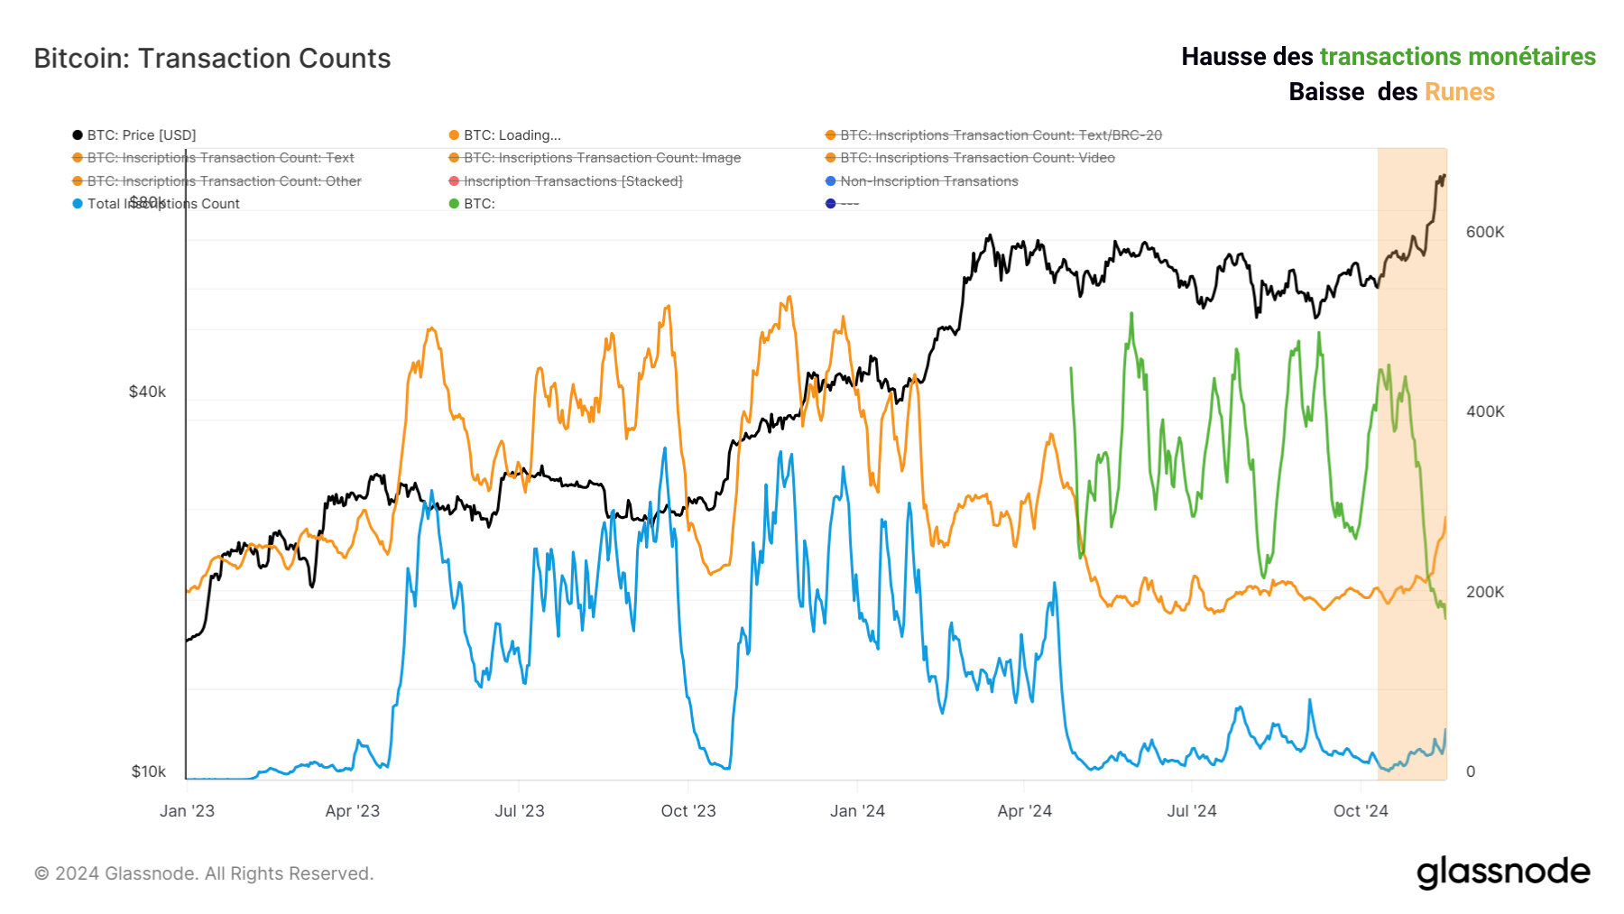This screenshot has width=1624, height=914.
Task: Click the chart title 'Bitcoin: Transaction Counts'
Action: point(212,59)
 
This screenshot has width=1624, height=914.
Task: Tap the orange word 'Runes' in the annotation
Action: point(1459,92)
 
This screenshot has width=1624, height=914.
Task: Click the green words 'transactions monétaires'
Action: point(1457,57)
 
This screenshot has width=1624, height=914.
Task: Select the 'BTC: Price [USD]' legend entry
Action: point(141,135)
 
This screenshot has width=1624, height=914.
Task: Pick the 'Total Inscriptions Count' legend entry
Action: point(162,204)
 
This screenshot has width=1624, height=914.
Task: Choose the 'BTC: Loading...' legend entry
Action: point(512,135)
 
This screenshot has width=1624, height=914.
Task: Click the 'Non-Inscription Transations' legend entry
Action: point(928,181)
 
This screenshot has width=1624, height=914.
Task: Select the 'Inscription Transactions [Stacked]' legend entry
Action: point(572,181)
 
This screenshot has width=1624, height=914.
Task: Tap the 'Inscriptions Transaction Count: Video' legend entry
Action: point(977,158)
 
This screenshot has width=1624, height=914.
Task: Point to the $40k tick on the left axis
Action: point(147,392)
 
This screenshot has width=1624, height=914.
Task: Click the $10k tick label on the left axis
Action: point(148,771)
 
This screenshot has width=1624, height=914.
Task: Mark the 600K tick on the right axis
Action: point(1485,232)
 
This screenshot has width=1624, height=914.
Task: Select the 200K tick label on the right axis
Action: point(1485,592)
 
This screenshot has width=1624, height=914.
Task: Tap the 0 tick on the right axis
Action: point(1471,771)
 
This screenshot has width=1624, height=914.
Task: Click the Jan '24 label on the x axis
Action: point(857,811)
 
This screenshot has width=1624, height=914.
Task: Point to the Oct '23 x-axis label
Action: point(688,811)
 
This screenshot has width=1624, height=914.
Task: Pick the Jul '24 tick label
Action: point(1191,811)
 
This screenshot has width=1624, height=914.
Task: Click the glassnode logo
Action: point(1503,872)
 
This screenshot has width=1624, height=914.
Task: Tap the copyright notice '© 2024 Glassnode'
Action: point(204,873)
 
